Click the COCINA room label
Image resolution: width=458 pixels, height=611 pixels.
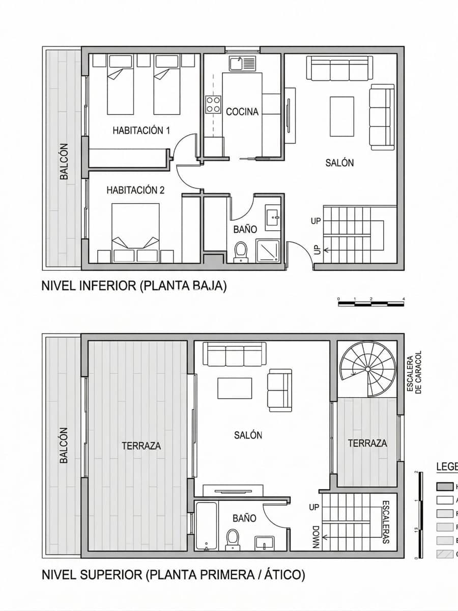click(242, 112)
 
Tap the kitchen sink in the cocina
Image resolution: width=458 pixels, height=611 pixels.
click(242, 64)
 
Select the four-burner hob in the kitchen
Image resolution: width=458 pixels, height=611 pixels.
click(213, 105)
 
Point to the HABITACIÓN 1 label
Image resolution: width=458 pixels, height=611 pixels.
click(141, 130)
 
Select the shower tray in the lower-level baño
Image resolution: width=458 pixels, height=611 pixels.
click(268, 251)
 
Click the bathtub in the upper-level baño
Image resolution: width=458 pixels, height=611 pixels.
click(206, 526)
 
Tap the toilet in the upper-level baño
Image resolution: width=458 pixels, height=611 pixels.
click(233, 538)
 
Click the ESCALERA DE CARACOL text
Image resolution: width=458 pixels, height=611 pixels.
click(414, 371)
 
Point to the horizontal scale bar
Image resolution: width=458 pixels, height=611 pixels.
click(371, 304)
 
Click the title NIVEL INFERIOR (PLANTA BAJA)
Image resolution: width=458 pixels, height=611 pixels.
click(134, 286)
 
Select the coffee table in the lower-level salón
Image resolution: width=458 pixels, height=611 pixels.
click(341, 117)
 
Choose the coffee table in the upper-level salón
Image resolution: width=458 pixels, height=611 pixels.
click(234, 388)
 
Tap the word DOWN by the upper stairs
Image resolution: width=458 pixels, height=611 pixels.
click(316, 538)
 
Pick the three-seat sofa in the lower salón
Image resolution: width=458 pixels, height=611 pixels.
click(340, 69)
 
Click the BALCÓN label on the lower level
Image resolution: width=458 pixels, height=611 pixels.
click(64, 161)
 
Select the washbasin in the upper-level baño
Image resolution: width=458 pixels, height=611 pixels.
click(265, 542)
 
